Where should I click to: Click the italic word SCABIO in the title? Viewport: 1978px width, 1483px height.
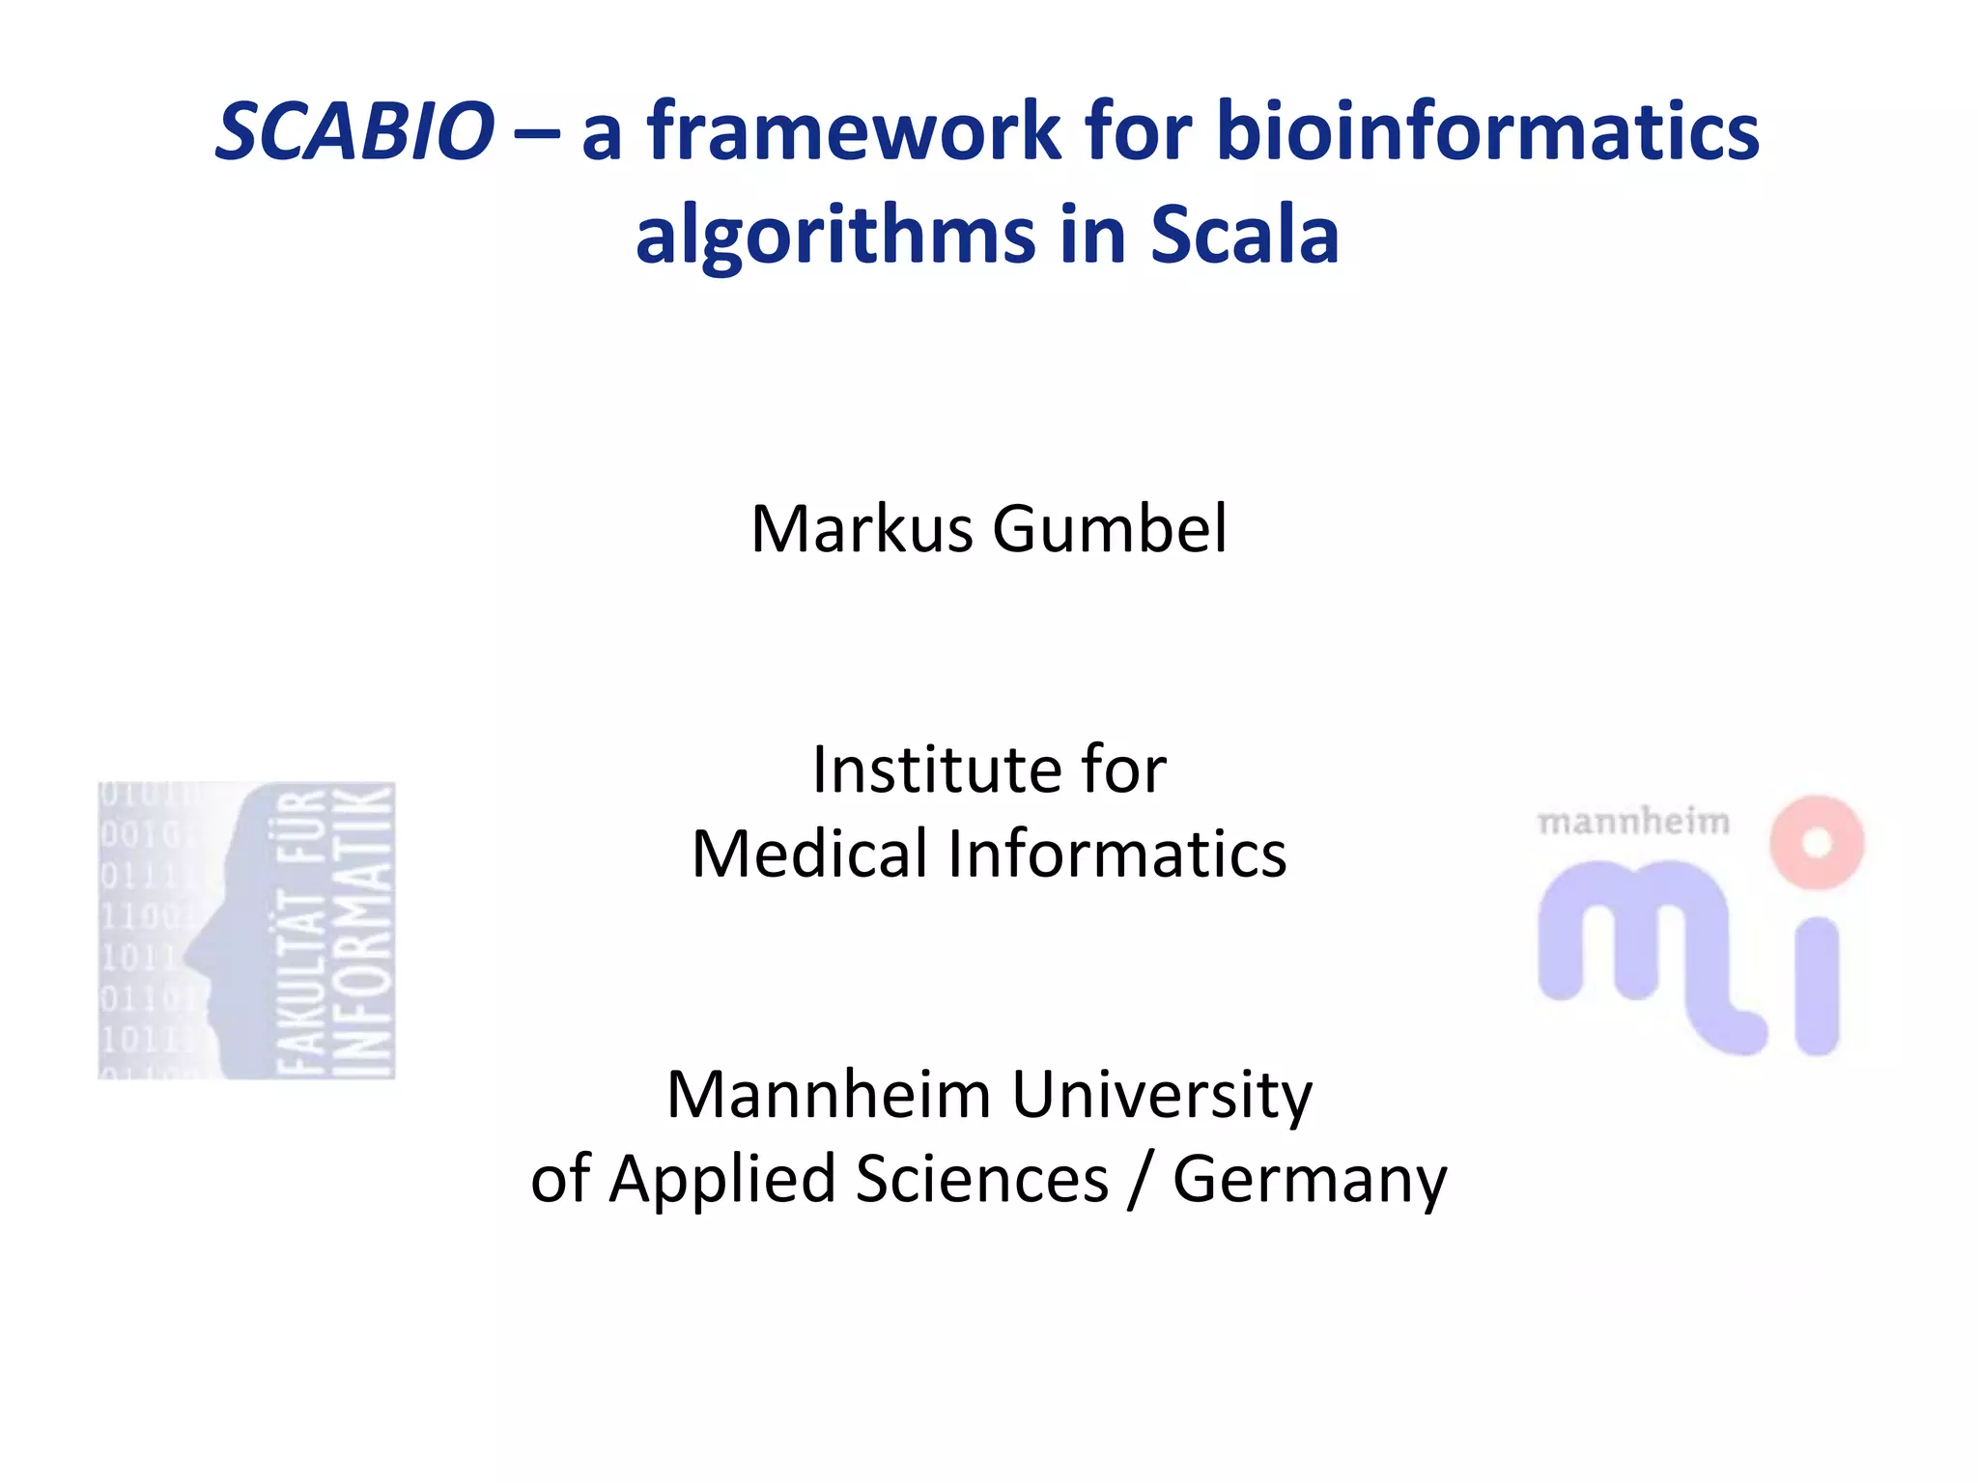click(354, 131)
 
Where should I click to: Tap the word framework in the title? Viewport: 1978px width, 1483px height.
click(854, 131)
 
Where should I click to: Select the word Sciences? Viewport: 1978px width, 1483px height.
click(982, 1180)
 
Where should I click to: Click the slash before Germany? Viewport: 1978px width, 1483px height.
click(1141, 1180)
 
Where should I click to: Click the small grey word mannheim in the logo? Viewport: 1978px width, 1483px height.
click(1633, 823)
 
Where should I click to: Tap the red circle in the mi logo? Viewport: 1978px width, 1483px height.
click(1817, 842)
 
